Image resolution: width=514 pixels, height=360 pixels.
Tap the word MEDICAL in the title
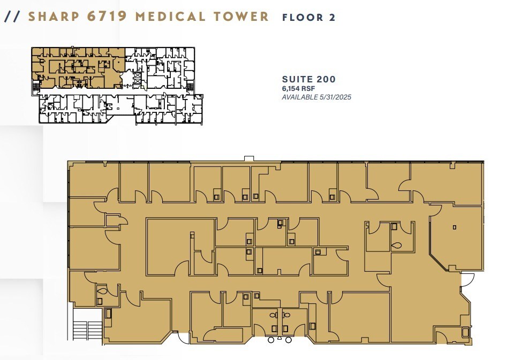click(x=171, y=16)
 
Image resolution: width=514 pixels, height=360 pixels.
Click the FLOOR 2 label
click(x=309, y=17)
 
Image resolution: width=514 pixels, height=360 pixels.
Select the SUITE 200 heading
click(x=309, y=80)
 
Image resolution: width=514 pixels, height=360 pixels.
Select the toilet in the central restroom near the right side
click(x=396, y=246)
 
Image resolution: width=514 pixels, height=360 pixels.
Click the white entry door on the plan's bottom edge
click(x=184, y=338)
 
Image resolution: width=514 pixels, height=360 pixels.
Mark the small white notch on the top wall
click(x=249, y=158)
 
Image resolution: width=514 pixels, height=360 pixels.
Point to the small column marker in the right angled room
click(x=454, y=227)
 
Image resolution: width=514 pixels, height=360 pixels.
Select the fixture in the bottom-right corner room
click(x=465, y=332)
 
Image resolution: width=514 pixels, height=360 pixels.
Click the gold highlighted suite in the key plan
click(x=78, y=67)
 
